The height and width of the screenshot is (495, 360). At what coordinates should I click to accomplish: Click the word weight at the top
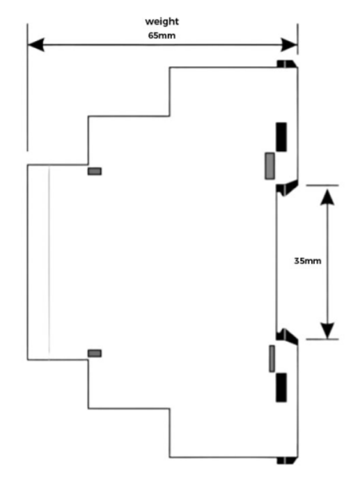point(162,22)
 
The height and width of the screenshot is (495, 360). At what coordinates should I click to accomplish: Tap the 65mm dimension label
point(162,36)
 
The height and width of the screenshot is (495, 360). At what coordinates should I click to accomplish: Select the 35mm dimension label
point(308,261)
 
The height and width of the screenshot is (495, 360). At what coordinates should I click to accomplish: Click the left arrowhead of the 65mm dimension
point(36,45)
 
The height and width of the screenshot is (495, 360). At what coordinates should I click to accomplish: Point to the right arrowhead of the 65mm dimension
point(289,45)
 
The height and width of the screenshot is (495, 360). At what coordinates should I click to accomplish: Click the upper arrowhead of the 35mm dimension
point(327,196)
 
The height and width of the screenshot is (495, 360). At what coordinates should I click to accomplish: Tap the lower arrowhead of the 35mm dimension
point(327,331)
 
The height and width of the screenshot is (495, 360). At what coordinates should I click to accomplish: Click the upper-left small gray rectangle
point(95,171)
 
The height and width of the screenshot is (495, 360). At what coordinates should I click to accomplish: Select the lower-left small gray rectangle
point(95,353)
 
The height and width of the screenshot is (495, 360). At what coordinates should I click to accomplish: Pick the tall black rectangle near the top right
point(281,136)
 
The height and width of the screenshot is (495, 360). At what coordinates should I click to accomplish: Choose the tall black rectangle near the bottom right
point(281,387)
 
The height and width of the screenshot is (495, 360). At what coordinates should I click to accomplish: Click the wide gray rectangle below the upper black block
point(269,166)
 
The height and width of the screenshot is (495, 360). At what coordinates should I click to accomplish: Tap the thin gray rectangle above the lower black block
point(272,359)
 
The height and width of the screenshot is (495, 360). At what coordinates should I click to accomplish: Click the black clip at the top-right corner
point(287,64)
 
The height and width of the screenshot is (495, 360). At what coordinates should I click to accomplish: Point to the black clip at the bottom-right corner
point(287,461)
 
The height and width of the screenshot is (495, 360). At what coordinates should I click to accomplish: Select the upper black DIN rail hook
point(287,189)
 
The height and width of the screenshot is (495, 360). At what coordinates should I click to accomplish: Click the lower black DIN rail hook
point(287,336)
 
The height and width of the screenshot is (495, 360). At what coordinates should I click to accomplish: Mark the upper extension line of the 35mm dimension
point(322,185)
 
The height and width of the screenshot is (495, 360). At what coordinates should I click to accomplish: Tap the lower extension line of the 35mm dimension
point(322,339)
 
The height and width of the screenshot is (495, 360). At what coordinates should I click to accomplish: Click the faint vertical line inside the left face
point(49,262)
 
